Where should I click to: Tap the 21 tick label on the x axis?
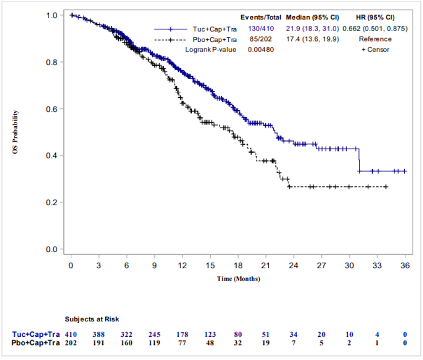tap(265, 265)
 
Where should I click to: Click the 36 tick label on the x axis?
tap(405, 265)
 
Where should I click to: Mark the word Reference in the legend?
tap(375, 39)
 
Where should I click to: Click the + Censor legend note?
tap(375, 50)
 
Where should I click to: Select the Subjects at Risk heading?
tap(92, 320)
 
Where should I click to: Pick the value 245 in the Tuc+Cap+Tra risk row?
tap(154, 335)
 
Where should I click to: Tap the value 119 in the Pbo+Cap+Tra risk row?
tap(154, 343)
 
